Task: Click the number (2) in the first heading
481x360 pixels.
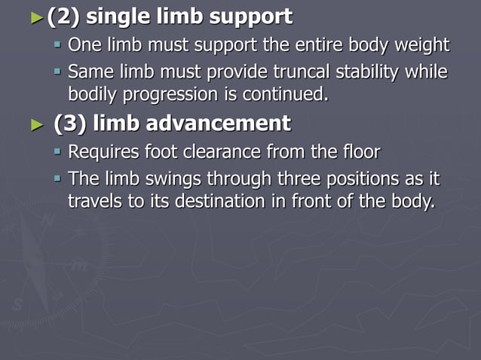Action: (x=63, y=15)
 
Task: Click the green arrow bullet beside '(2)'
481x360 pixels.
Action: (x=37, y=16)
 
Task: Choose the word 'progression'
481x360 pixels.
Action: (x=173, y=95)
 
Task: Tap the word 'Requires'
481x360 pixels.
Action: (x=103, y=152)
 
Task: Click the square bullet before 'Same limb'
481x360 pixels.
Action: (x=57, y=73)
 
